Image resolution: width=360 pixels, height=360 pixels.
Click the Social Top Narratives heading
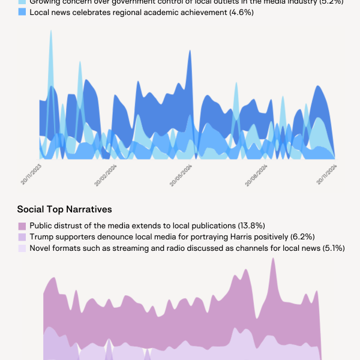pos(65,209)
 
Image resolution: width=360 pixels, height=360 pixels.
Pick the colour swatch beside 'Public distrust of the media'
pos(22,226)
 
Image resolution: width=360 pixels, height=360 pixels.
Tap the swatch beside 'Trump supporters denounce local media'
pos(22,237)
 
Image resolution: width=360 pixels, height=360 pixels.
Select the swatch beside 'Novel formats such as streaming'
pos(22,248)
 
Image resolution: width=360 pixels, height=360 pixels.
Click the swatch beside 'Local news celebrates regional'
pos(31,12)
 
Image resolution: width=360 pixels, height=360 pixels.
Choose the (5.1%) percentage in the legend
pos(333,248)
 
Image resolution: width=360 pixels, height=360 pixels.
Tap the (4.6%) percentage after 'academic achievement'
pos(242,12)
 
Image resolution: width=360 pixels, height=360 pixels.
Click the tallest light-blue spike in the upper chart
pos(51,31)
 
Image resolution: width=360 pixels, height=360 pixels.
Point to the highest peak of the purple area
pos(274,259)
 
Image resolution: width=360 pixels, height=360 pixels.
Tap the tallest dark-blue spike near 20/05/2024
pos(190,51)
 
